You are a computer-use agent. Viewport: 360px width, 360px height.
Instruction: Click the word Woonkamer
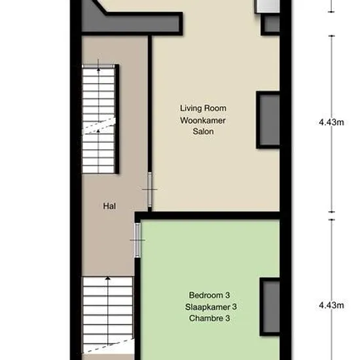coord(203,120)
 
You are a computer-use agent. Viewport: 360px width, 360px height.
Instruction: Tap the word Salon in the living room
coord(203,132)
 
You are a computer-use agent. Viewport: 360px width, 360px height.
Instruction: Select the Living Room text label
coord(203,108)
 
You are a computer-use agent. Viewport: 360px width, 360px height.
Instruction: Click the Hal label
coord(109,206)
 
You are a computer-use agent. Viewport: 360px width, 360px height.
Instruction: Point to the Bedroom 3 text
coord(209,295)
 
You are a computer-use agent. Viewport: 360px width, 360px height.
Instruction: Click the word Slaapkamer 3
coord(211,307)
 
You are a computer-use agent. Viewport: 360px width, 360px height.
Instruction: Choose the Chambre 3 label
coord(209,318)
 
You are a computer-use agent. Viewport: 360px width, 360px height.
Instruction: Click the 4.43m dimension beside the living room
coord(331,122)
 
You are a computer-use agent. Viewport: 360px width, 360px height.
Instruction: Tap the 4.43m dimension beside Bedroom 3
coord(331,305)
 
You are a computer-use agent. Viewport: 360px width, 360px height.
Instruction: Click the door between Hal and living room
coord(150,189)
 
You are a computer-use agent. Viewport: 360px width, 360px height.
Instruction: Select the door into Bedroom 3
coord(137,240)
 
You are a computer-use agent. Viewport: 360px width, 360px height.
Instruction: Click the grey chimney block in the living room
coord(269,120)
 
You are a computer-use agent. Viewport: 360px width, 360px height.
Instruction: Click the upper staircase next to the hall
coord(98,119)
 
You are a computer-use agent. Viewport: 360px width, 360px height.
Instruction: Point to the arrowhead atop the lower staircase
coord(108,278)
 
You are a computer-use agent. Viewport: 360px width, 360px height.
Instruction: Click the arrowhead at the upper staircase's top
coord(98,69)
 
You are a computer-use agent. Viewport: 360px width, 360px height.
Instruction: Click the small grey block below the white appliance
coord(271,24)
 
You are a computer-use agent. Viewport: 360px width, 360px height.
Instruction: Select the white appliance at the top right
coord(268,6)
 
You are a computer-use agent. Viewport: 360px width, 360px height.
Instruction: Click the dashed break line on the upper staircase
coord(99,126)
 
